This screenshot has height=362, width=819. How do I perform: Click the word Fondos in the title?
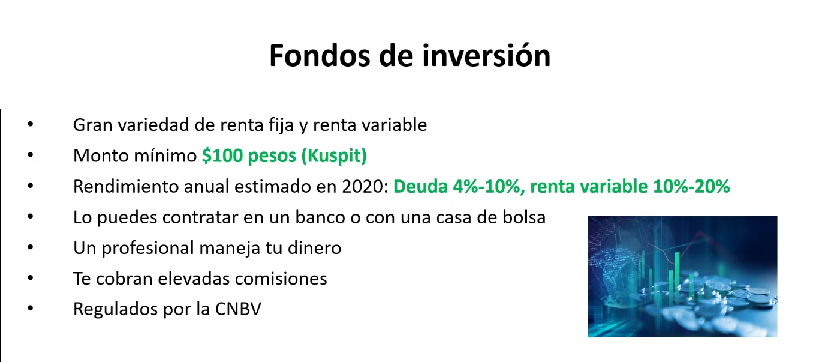pyautogui.click(x=320, y=56)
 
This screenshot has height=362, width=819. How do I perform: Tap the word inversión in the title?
pyautogui.click(x=486, y=56)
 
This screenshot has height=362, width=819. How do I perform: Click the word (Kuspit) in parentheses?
pyautogui.click(x=334, y=156)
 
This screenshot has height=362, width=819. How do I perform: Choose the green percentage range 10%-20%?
pyautogui.click(x=691, y=186)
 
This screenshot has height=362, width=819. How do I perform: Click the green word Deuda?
pyautogui.click(x=420, y=186)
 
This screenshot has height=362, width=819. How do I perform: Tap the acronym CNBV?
pyautogui.click(x=238, y=309)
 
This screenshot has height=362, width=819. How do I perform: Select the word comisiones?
pyautogui.click(x=281, y=279)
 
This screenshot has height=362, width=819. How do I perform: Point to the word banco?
pyautogui.click(x=320, y=217)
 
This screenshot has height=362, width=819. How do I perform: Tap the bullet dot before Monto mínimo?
pyautogui.click(x=31, y=155)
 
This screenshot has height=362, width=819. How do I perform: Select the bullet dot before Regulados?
pyautogui.click(x=31, y=308)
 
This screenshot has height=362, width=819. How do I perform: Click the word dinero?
pyautogui.click(x=314, y=248)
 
